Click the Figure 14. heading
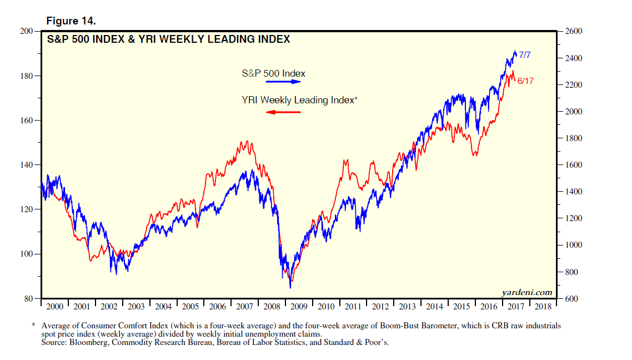tap(72, 22)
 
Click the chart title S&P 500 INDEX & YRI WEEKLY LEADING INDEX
tap(168, 39)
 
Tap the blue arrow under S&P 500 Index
tap(283, 82)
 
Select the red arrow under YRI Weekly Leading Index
tap(283, 112)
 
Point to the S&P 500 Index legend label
tap(274, 73)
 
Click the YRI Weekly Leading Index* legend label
tap(299, 101)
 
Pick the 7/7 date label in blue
tap(525, 55)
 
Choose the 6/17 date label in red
tap(525, 81)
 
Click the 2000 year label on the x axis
tap(54, 307)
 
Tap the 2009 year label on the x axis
tap(298, 307)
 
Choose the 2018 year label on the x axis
tap(543, 307)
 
